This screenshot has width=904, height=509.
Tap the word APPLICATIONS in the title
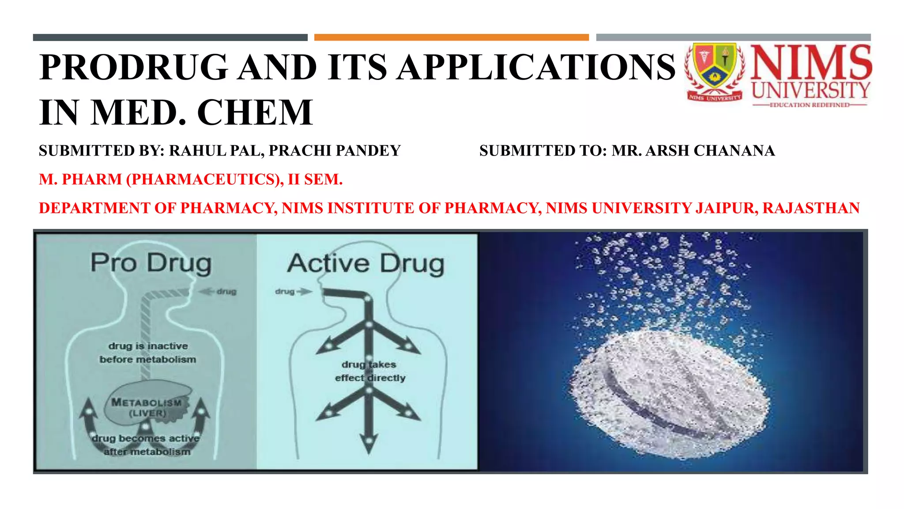[535, 67]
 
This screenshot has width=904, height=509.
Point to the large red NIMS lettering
[811, 62]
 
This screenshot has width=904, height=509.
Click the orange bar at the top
[451, 38]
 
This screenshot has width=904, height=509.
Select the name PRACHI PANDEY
[335, 151]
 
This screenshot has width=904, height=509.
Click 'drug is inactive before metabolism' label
[148, 353]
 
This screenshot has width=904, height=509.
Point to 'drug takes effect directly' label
[370, 371]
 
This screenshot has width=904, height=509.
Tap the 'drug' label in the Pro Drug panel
[226, 292]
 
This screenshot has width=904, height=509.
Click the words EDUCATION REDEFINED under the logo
[810, 105]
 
